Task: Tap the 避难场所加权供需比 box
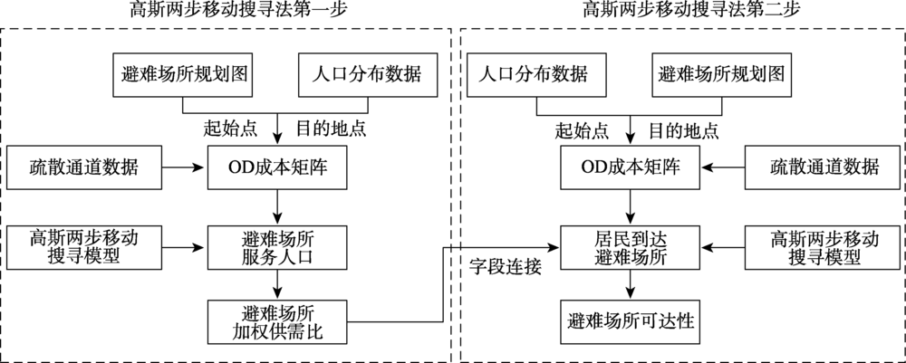tap(277, 321)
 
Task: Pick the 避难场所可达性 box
tap(631, 321)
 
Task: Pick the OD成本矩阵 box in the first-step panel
tap(277, 167)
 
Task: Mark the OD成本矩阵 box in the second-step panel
tap(631, 167)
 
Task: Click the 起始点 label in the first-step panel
tap(228, 129)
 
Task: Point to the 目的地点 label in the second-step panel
tap(684, 129)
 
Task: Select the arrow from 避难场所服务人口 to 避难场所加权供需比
tap(277, 283)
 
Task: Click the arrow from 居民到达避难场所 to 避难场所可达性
tap(631, 283)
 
